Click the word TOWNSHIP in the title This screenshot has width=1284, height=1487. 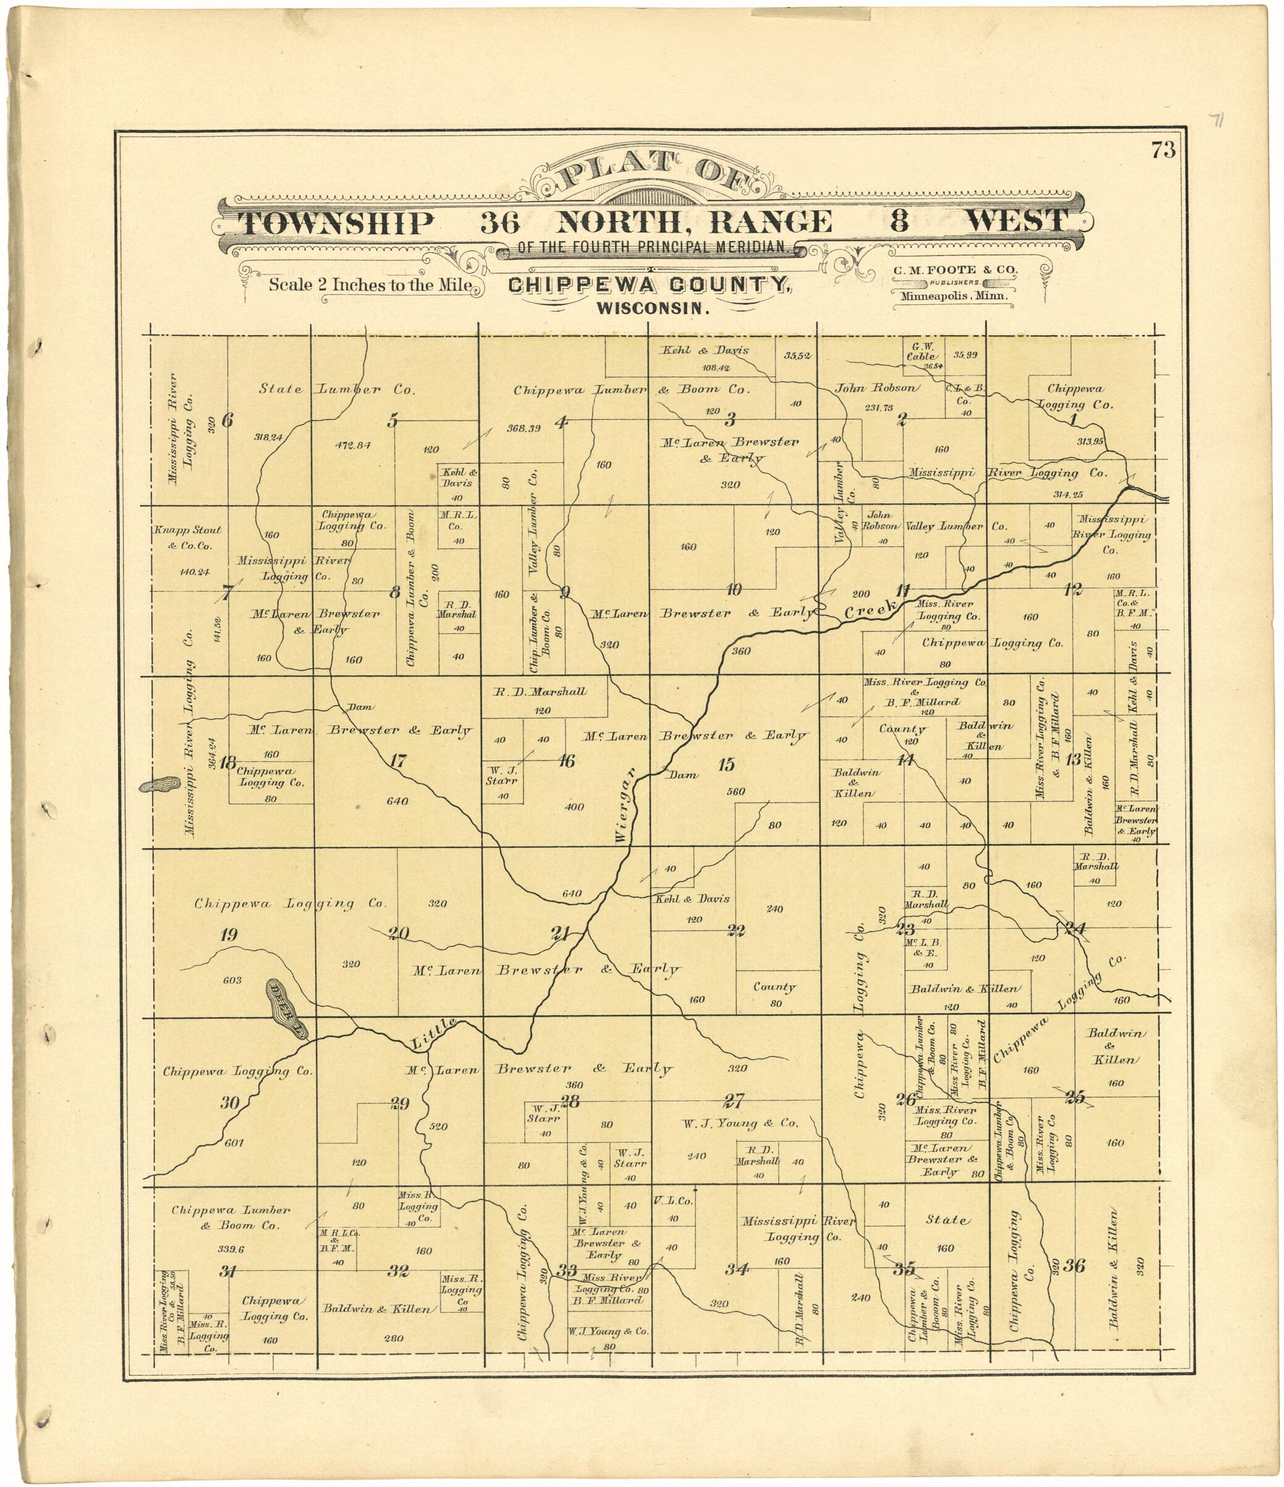click(336, 223)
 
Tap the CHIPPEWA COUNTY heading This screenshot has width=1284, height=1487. click(650, 285)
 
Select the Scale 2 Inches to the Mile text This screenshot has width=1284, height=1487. click(370, 284)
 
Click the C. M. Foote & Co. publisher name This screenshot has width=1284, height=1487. click(955, 270)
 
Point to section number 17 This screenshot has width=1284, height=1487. click(398, 762)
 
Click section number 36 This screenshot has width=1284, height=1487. click(1074, 1265)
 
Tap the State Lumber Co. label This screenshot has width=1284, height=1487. click(337, 389)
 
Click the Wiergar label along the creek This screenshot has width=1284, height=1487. click(623, 805)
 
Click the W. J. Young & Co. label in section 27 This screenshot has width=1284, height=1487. click(740, 1123)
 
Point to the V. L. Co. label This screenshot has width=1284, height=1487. click(672, 1201)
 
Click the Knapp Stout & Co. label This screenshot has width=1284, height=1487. click(187, 537)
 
